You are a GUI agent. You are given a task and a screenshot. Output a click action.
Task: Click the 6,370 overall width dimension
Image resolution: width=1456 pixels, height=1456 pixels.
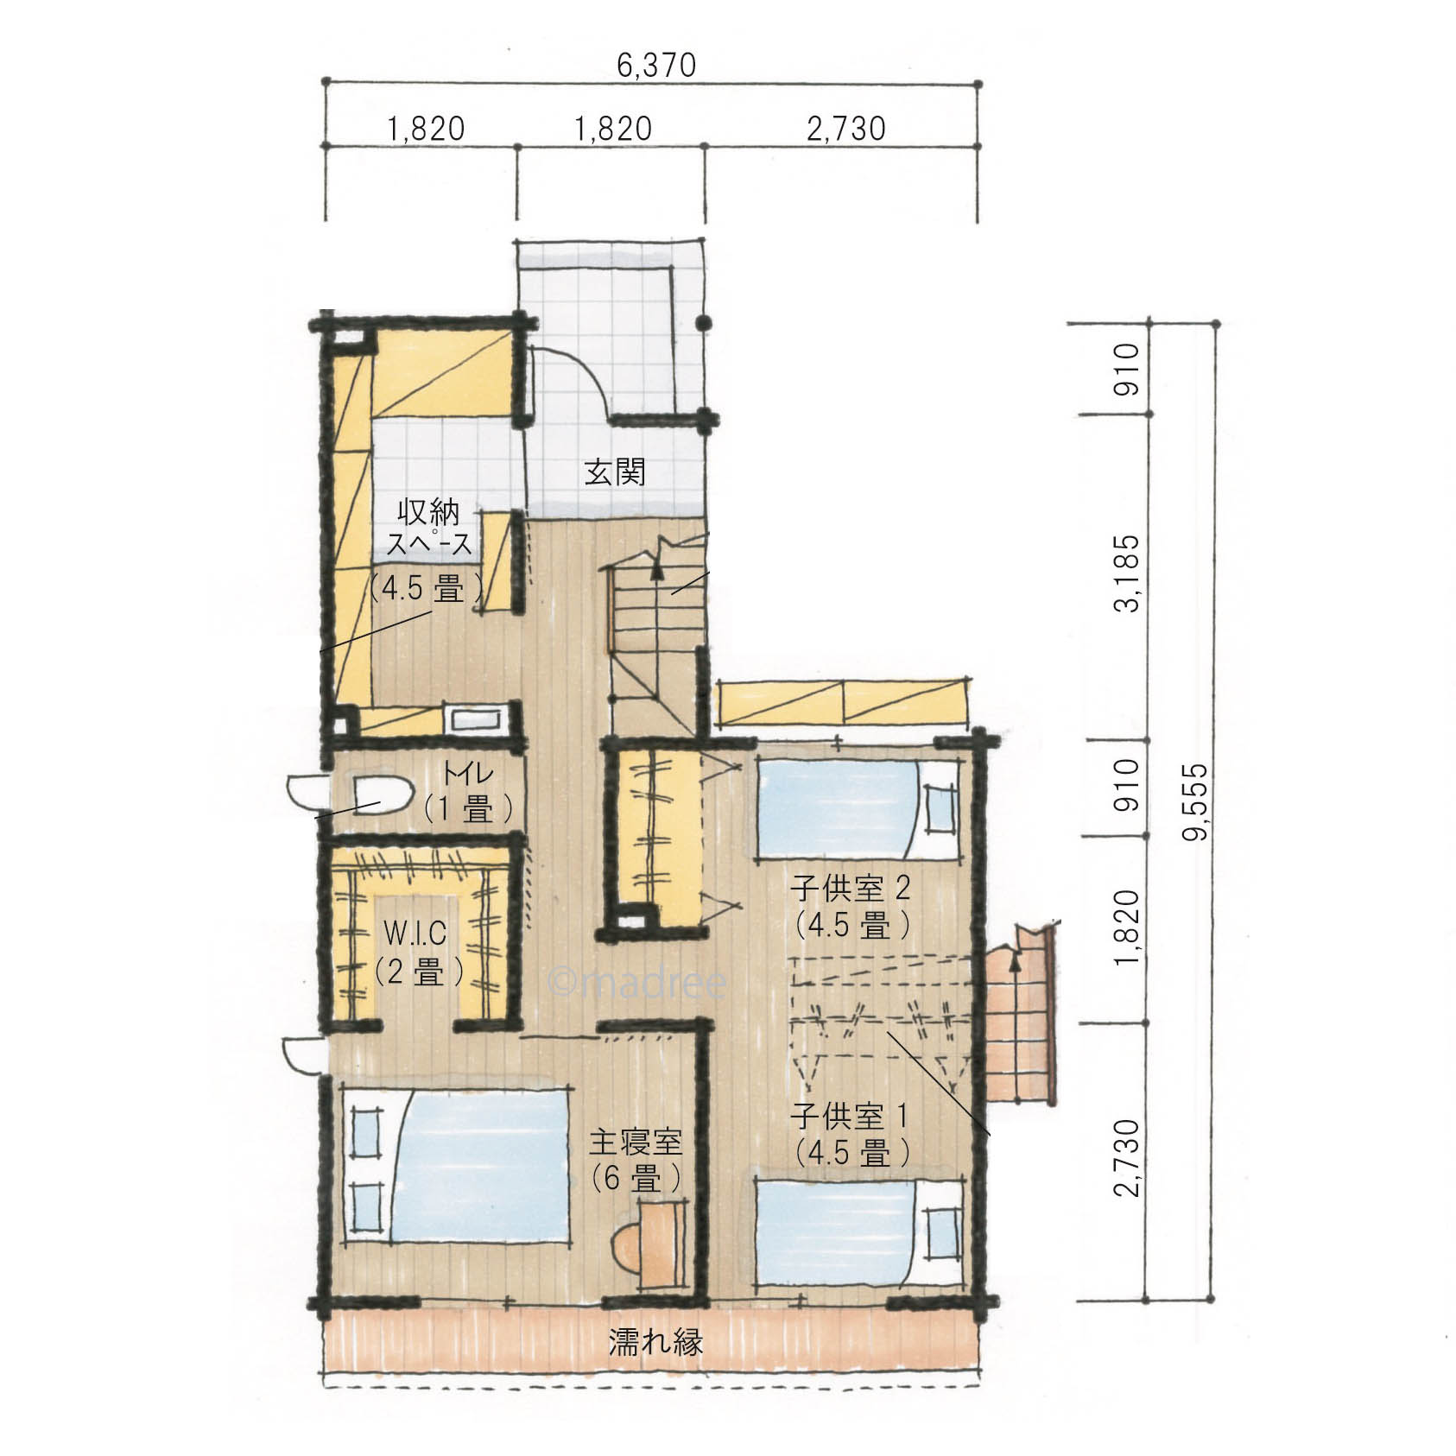click(655, 66)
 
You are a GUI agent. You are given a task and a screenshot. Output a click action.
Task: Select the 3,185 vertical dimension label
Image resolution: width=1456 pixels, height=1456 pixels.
click(1126, 573)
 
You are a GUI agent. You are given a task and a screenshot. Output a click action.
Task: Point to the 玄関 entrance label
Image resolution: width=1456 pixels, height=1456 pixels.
click(615, 472)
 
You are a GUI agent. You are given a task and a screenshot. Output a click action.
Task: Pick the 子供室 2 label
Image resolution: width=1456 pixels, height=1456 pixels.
click(851, 889)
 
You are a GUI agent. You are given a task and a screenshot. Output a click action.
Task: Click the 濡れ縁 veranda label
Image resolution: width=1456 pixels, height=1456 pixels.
click(655, 1342)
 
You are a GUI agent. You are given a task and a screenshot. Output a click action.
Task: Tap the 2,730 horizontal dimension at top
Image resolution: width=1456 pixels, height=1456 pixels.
click(846, 130)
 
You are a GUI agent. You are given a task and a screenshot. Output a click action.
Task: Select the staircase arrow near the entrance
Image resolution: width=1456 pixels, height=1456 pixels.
click(657, 569)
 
